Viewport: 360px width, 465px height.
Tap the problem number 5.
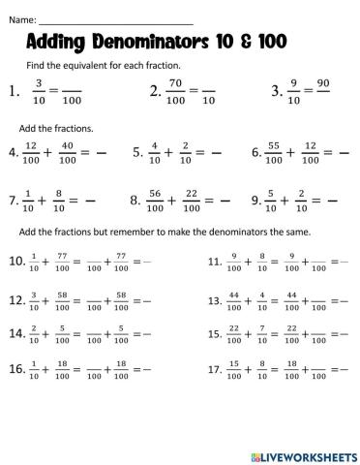click(136, 153)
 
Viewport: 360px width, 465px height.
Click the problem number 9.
click(254, 201)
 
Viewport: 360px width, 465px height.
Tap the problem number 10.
click(16, 261)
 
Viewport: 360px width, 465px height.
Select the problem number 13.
click(215, 301)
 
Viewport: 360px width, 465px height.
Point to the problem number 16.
click(16, 369)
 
